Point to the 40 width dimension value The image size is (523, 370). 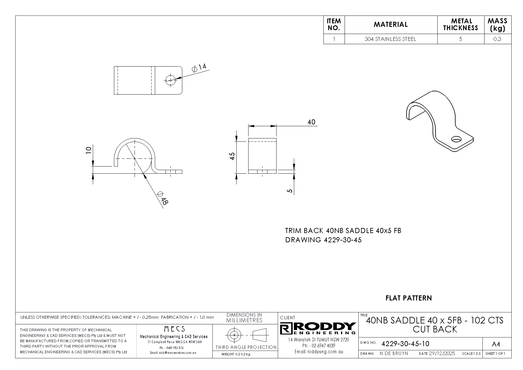pos(311,122)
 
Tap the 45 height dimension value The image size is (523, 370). pos(232,156)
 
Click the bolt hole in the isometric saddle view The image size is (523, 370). pos(456,139)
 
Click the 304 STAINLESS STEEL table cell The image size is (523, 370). pos(390,39)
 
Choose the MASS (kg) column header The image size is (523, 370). pos(497,24)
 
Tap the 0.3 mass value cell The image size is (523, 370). pos(497,39)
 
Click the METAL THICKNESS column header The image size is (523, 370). pos(460,24)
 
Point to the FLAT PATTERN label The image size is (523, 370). pos(408,298)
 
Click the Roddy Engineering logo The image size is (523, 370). pos(318,328)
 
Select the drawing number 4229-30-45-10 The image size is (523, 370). pos(405,344)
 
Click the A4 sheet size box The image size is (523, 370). pos(496,344)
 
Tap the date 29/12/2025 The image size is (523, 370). pos(442,353)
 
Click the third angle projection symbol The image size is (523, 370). pos(245,335)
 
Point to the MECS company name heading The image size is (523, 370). pos(174,329)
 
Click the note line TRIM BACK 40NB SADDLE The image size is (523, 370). pos(343,231)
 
